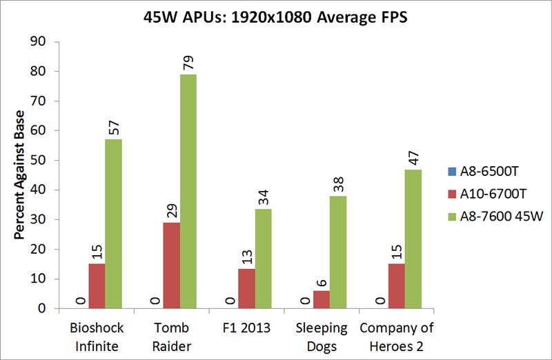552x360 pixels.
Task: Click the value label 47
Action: (413, 156)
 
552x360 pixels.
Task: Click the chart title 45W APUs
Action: (276, 17)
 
